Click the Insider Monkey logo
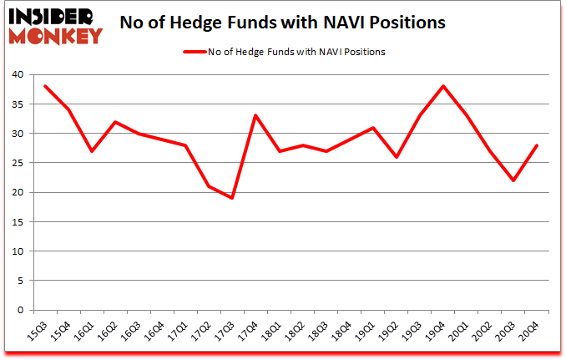[x=55, y=25]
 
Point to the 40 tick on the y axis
[x=18, y=74]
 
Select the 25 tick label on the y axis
[x=18, y=163]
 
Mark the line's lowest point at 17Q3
[x=232, y=198]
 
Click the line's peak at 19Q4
[x=442, y=86]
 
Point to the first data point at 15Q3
[x=45, y=86]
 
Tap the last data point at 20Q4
[x=536, y=145]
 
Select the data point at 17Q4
[x=255, y=115]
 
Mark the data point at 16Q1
[x=92, y=151]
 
